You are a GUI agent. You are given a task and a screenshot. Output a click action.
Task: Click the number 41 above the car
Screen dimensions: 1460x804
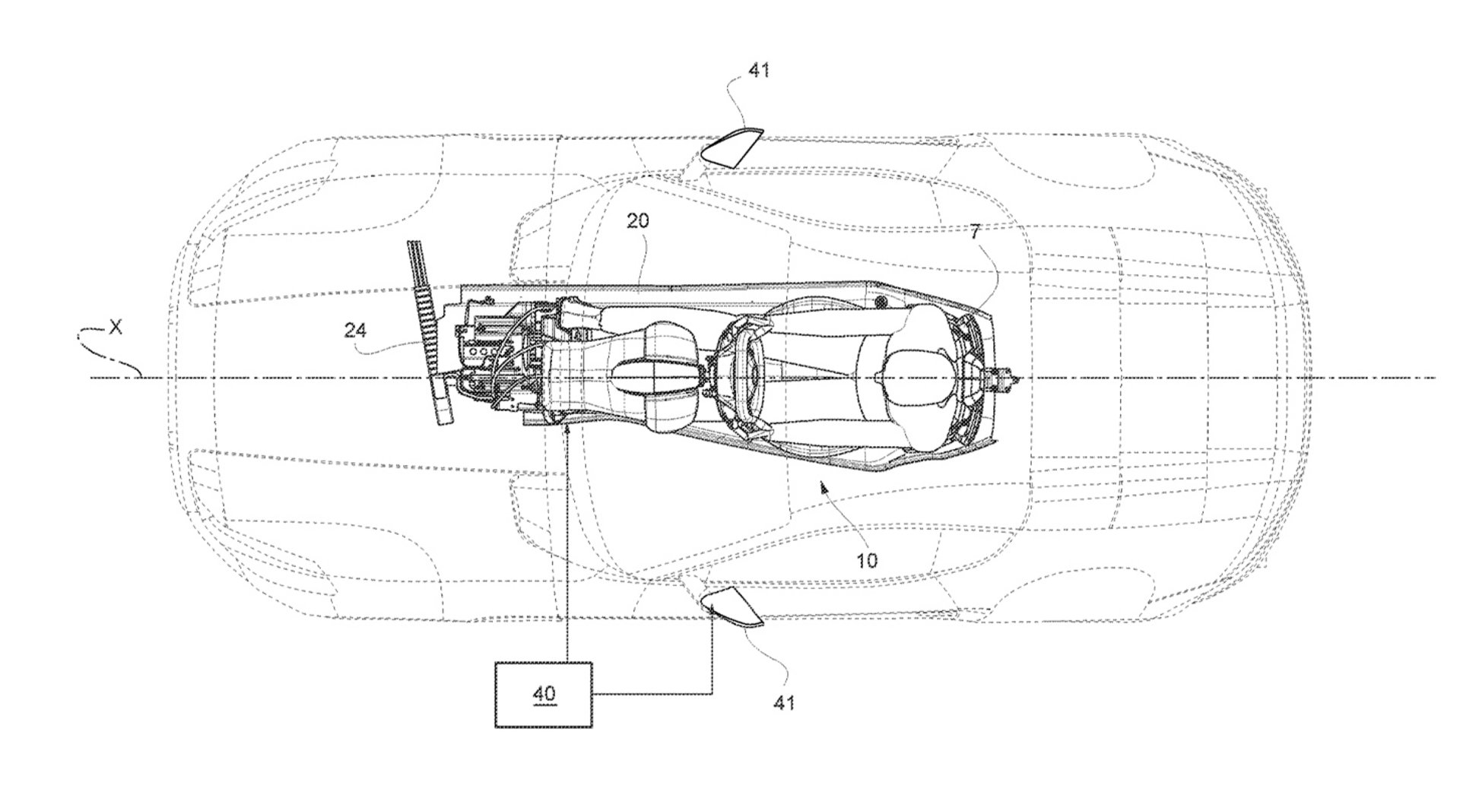(759, 71)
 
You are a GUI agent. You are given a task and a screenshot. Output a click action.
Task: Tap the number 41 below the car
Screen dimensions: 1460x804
(783, 703)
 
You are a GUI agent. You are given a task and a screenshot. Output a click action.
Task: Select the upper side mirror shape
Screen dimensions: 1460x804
(731, 147)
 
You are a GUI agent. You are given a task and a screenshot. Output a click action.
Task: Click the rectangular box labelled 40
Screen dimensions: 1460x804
(544, 695)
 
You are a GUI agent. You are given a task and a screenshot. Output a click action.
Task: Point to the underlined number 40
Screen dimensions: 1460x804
(544, 694)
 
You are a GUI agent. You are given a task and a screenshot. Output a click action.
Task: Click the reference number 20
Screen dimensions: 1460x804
(638, 221)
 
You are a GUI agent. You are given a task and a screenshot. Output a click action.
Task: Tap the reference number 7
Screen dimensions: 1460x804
(975, 233)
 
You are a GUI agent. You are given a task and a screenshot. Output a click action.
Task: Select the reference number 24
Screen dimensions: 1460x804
(354, 331)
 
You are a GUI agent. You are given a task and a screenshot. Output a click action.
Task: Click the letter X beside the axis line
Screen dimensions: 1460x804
(115, 327)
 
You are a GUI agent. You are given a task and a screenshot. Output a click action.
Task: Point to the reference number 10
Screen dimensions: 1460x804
(866, 561)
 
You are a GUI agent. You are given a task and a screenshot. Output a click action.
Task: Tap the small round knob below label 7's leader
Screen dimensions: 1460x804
(881, 303)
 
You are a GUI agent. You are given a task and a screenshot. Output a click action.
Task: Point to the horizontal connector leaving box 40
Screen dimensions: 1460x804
(652, 693)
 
